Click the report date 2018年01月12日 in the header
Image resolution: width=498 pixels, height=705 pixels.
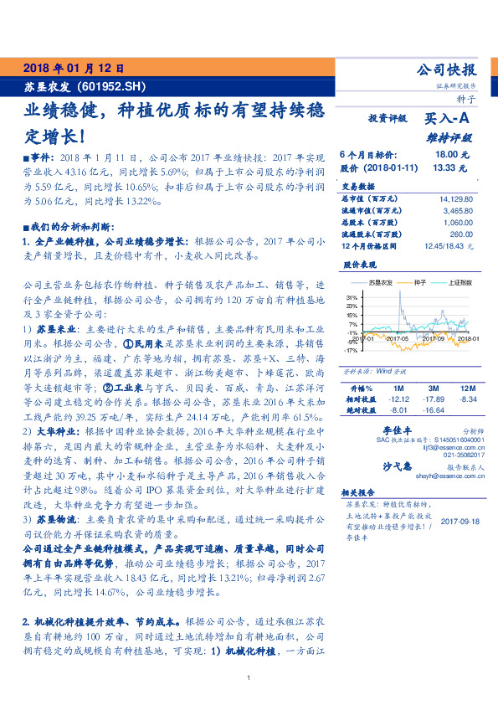click(x=74, y=68)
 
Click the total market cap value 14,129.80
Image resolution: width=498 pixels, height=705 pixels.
click(x=454, y=199)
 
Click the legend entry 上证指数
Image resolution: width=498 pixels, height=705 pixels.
click(x=461, y=283)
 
